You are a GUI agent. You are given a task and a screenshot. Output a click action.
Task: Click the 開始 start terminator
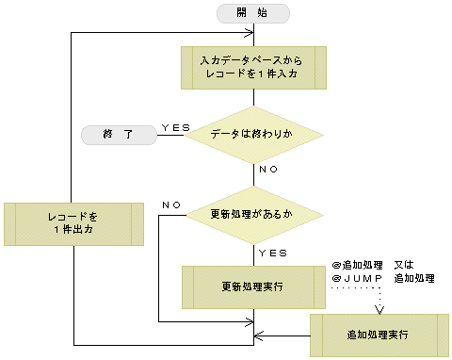[x=253, y=13]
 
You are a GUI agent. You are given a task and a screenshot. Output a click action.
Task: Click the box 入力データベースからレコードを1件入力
[x=253, y=67]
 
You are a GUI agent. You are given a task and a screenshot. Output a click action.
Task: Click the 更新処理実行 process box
[x=253, y=286]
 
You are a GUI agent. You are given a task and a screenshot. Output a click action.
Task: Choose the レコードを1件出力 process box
[x=73, y=222]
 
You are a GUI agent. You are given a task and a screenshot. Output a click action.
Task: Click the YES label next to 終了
[x=176, y=126]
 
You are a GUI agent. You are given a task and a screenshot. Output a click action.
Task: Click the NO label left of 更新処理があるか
[x=172, y=205]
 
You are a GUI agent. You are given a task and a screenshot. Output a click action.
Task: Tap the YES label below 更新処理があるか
[x=272, y=254]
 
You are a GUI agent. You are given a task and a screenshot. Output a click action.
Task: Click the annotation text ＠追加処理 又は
[x=380, y=267]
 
